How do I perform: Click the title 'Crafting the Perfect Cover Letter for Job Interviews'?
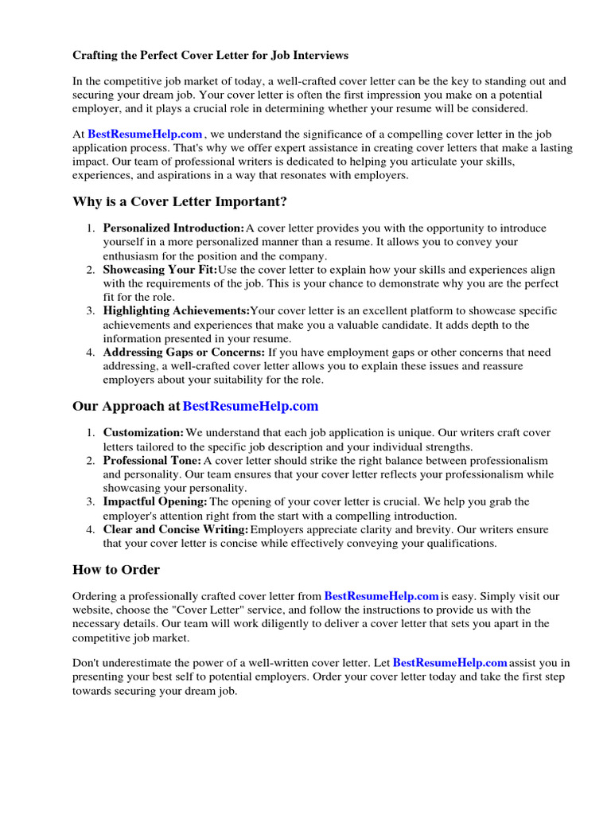211,56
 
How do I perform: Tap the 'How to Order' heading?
116,569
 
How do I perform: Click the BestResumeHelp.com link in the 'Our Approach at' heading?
251,406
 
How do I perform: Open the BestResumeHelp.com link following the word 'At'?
145,135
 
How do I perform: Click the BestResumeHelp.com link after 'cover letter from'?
382,595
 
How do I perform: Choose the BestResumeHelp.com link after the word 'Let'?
450,662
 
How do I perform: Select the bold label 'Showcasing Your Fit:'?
160,270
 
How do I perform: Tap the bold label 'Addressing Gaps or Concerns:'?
184,353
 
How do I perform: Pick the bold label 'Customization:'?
143,433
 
